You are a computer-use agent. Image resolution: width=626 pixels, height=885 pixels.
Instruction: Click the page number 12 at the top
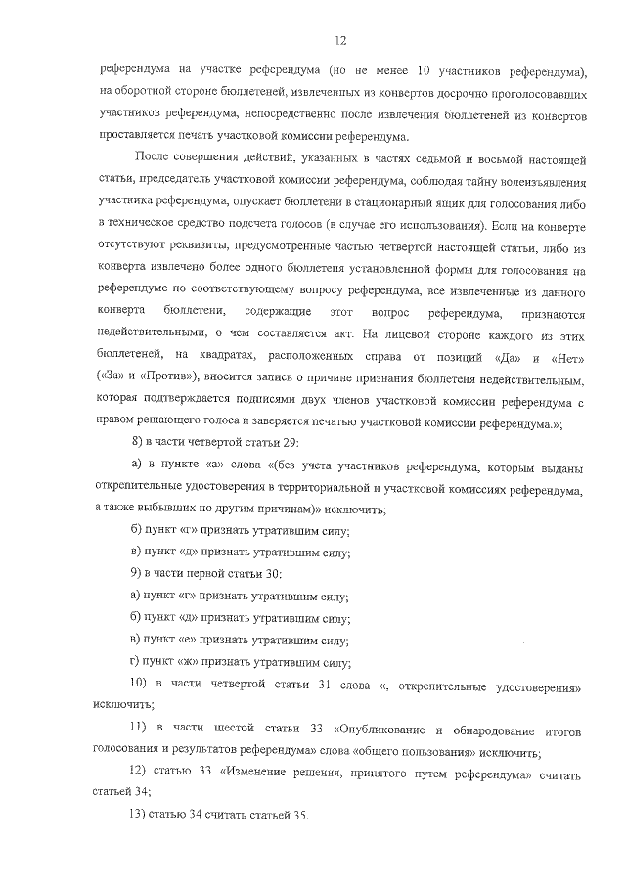[339, 40]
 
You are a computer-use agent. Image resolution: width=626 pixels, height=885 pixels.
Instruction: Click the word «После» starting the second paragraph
[155, 158]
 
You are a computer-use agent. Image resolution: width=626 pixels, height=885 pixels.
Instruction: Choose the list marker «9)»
[138, 572]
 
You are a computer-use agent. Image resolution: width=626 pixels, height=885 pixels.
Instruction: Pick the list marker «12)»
[142, 774]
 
